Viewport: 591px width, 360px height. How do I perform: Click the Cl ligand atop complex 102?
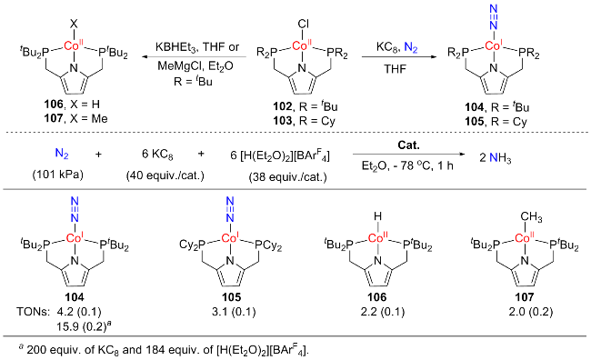tap(304, 24)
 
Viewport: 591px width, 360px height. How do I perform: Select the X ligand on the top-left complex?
tap(74, 25)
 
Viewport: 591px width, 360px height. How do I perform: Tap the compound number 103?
tap(283, 121)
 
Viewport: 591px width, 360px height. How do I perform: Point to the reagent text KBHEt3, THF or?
tap(197, 47)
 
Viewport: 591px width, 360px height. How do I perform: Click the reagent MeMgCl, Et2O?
tap(195, 65)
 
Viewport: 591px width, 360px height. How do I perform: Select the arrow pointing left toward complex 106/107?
tap(194, 57)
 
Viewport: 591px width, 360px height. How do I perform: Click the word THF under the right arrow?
tap(395, 69)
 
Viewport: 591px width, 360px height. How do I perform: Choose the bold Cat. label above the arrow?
tap(408, 145)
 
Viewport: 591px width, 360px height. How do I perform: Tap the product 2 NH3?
tap(496, 158)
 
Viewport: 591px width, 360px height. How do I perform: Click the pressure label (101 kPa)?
tap(57, 175)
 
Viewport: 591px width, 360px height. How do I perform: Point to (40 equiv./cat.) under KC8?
tap(165, 175)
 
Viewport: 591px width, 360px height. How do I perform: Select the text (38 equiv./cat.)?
tap(287, 176)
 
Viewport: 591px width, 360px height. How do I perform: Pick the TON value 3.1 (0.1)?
tap(231, 312)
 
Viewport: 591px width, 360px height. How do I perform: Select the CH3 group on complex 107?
tap(532, 217)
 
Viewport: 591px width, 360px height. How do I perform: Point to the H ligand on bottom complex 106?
tap(377, 216)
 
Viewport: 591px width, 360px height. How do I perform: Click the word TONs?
tap(33, 312)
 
